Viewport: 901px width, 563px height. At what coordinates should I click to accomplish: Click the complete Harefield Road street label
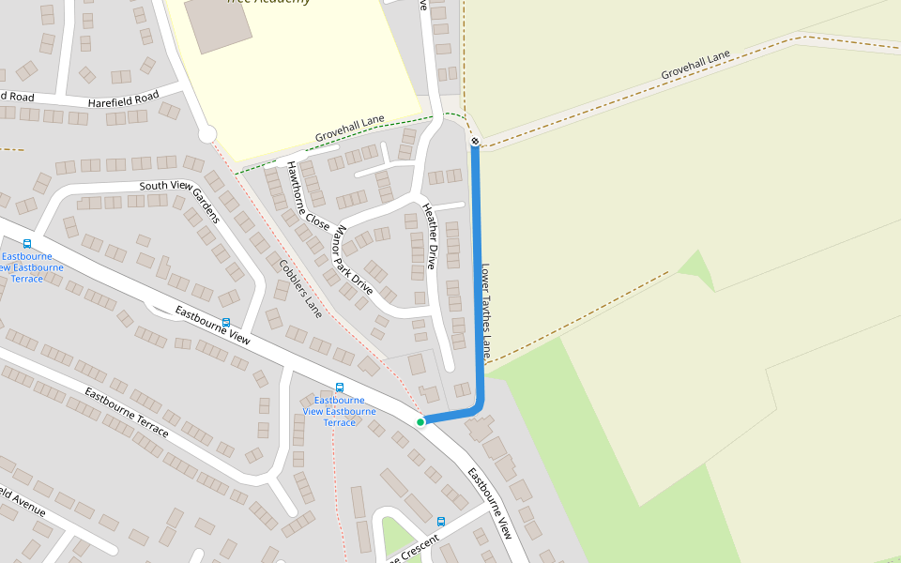[x=124, y=99]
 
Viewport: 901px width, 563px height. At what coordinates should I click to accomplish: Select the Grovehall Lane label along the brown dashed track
[x=695, y=65]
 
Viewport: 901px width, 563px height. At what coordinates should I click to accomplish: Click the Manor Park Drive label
[x=354, y=260]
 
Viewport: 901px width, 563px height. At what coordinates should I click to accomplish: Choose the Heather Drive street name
[x=430, y=236]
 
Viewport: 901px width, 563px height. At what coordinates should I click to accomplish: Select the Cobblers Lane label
[x=300, y=287]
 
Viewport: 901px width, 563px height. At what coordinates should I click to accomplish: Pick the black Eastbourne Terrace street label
[x=127, y=412]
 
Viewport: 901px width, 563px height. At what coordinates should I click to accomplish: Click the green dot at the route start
[x=420, y=422]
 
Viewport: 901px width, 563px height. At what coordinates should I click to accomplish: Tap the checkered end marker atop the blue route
[x=476, y=142]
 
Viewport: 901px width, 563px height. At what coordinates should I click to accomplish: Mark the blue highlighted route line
[x=478, y=281]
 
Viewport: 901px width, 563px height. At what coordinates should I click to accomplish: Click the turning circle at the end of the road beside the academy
[x=207, y=134]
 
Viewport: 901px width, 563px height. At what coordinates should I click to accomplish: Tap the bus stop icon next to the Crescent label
[x=440, y=522]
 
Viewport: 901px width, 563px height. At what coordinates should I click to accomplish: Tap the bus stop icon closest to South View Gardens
[x=226, y=323]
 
